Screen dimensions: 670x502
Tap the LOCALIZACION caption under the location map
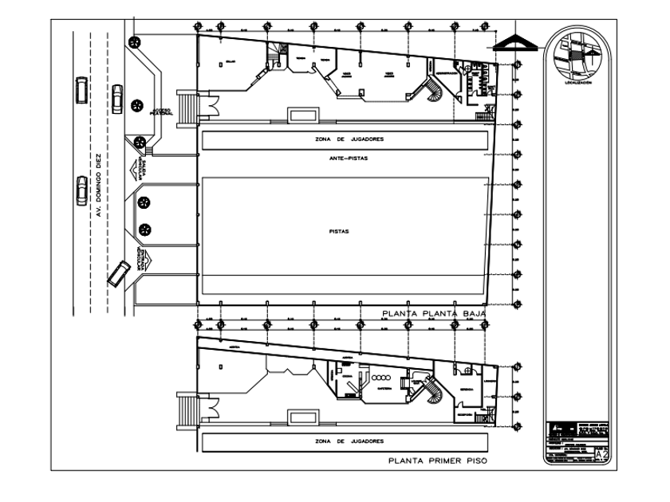click(x=578, y=81)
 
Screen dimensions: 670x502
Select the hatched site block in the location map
click(x=576, y=57)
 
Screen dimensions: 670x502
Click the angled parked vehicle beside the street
click(x=118, y=273)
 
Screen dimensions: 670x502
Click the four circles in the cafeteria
click(x=380, y=377)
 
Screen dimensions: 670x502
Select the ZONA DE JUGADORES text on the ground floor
click(x=349, y=139)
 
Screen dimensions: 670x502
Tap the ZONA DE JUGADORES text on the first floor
click(x=349, y=441)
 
